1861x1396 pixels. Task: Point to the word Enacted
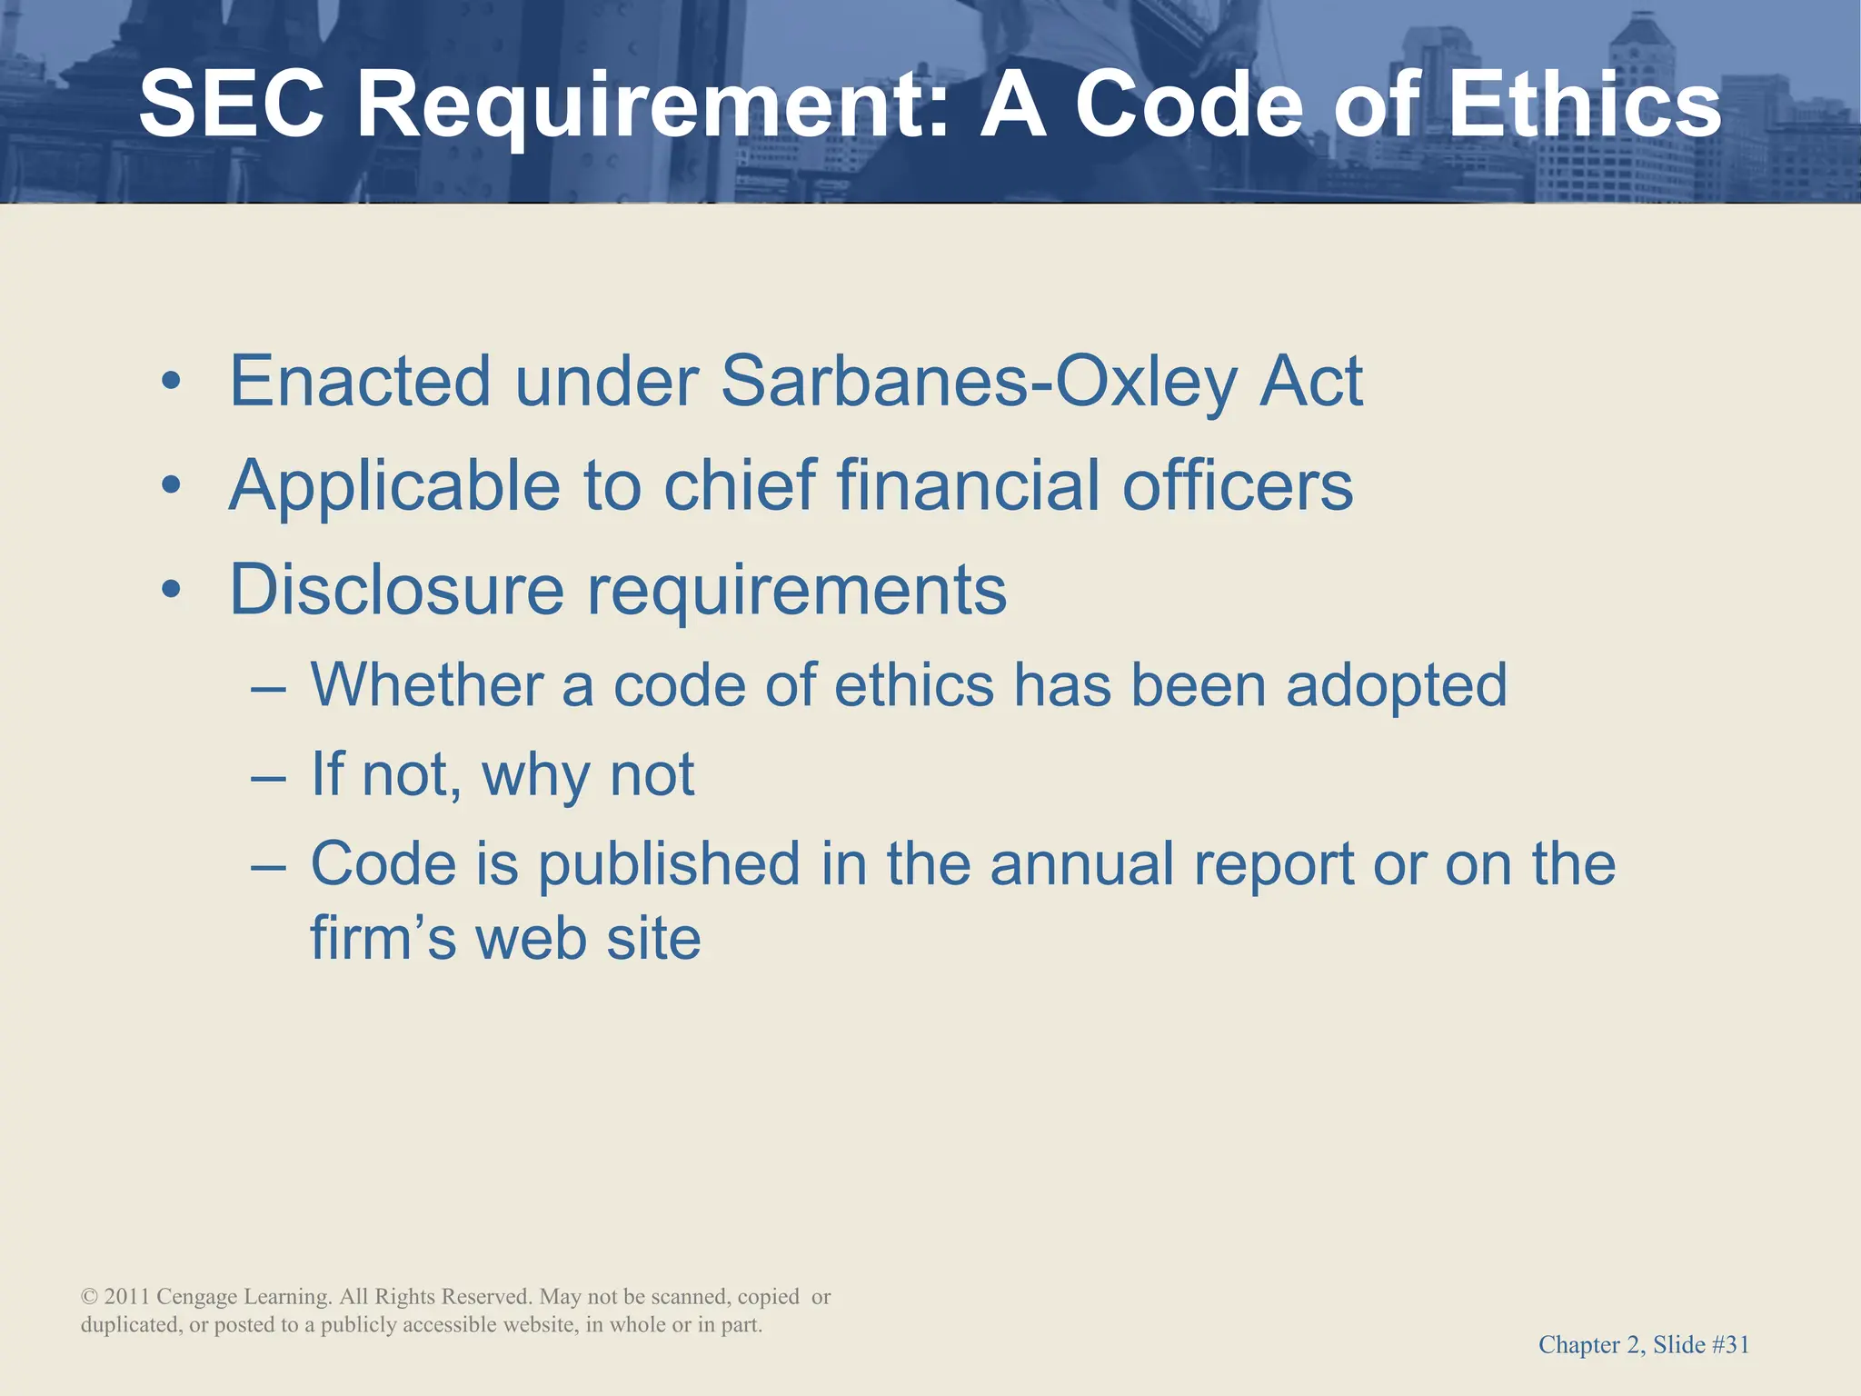pyautogui.click(x=360, y=382)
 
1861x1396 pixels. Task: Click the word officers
pyautogui.click(x=1238, y=486)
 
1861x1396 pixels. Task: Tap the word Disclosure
pyautogui.click(x=397, y=591)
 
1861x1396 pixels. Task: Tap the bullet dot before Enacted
pyautogui.click(x=171, y=382)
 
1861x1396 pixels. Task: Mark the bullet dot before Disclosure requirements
pyautogui.click(x=171, y=591)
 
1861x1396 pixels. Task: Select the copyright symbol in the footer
pyautogui.click(x=89, y=1297)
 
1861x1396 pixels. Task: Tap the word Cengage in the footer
pyautogui.click(x=196, y=1298)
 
